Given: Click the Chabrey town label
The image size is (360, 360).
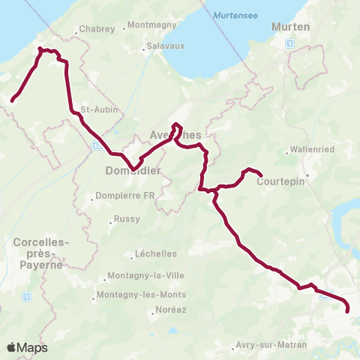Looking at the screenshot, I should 98,30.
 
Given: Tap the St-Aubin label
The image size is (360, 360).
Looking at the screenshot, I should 96,109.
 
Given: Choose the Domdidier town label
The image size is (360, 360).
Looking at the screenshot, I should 134,170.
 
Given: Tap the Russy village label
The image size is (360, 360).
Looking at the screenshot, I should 121,220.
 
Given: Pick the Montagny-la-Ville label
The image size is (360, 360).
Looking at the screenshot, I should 142,274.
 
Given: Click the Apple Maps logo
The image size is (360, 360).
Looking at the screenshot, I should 27,347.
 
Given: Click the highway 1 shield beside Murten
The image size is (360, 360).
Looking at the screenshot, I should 289,44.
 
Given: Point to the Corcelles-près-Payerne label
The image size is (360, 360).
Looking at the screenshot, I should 40,253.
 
